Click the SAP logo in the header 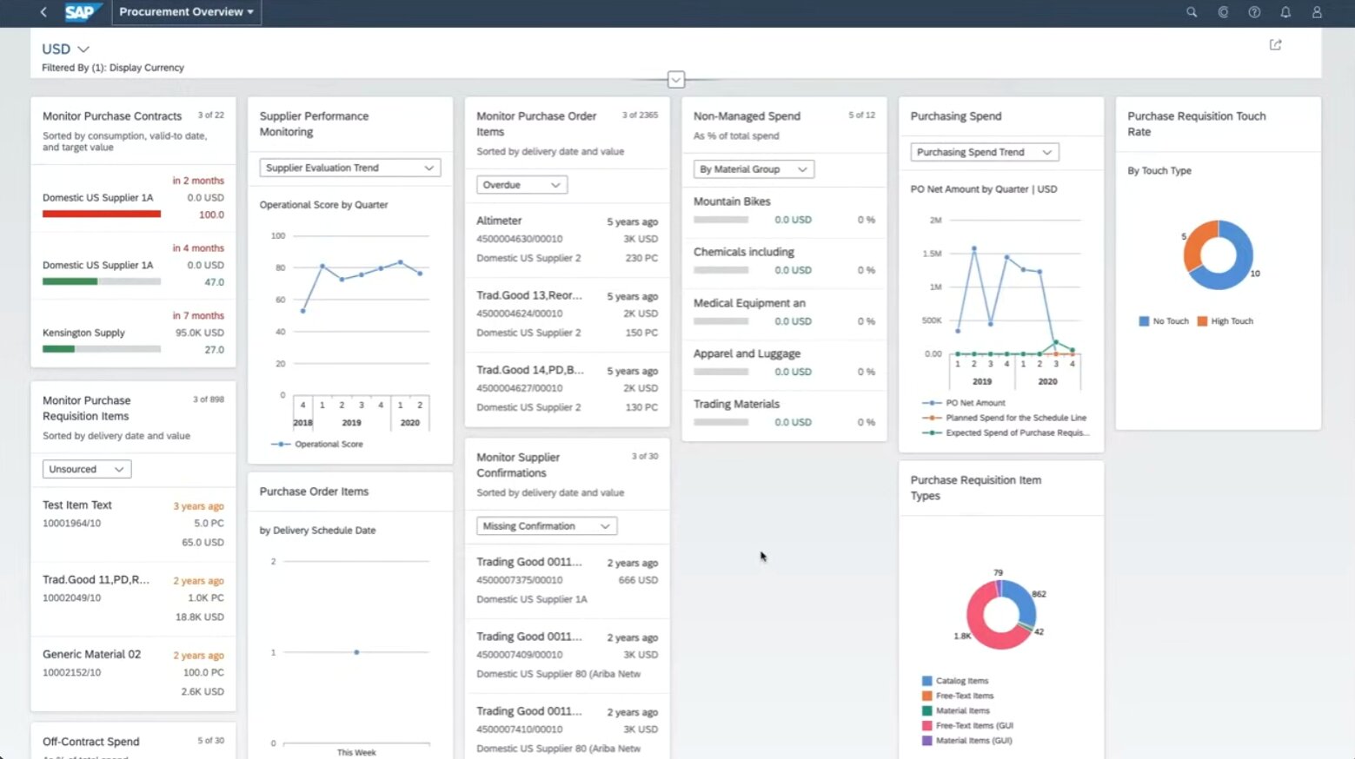click(x=81, y=12)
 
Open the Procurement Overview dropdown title click(x=186, y=12)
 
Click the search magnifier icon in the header click(x=1192, y=12)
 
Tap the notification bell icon click(x=1285, y=12)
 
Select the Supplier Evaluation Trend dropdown click(x=349, y=168)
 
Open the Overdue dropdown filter click(x=521, y=185)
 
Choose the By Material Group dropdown click(x=753, y=169)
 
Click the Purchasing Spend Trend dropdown click(x=983, y=152)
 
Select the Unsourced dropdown click(x=86, y=469)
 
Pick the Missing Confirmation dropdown click(x=546, y=526)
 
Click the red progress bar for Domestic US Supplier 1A click(x=101, y=214)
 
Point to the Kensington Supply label click(x=83, y=333)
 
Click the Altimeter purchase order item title click(x=499, y=221)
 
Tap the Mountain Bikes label click(x=732, y=201)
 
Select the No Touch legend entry click(x=1164, y=321)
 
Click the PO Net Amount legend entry click(x=974, y=403)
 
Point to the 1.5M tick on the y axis click(x=932, y=254)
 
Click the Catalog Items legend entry click(x=961, y=681)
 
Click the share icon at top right click(x=1275, y=45)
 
